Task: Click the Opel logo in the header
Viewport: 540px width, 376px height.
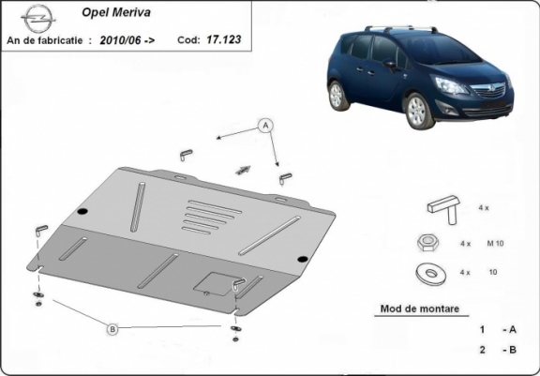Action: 37,18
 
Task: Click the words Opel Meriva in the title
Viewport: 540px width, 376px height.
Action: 116,13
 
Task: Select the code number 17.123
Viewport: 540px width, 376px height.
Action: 224,39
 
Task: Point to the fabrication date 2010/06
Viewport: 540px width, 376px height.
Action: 120,40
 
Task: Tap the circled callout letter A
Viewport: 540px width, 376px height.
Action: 265,126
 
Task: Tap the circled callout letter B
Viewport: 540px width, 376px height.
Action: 112,329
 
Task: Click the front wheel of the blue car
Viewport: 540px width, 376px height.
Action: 418,111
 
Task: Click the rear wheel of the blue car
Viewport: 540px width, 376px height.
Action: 337,96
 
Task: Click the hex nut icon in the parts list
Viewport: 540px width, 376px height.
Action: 427,243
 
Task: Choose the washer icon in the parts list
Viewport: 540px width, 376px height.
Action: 430,274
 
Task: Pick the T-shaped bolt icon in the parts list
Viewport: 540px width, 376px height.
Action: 444,209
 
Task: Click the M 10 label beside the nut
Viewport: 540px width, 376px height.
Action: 495,244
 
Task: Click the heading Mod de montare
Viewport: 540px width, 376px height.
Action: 420,308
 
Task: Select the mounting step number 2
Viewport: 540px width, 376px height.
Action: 483,350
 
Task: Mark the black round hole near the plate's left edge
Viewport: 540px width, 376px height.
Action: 82,212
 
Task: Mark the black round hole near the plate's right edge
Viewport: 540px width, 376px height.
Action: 303,260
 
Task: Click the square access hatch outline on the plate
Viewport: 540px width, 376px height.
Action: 217,284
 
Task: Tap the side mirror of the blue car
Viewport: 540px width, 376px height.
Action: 389,64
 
